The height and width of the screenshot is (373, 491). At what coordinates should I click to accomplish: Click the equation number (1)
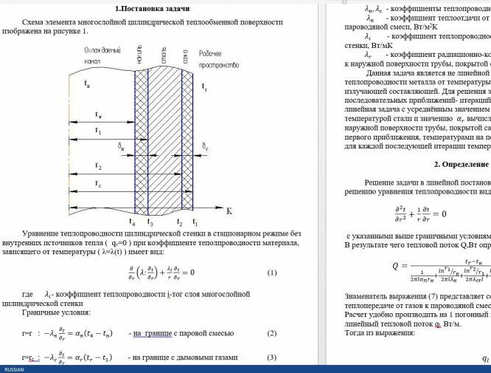pos(271,273)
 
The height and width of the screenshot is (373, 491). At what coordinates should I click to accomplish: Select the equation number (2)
pos(271,335)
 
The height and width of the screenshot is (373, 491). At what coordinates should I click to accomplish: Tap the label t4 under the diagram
pos(132,222)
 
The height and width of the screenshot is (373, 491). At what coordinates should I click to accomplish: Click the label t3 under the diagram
pos(150,222)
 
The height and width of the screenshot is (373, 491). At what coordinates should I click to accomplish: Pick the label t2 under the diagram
pos(180,222)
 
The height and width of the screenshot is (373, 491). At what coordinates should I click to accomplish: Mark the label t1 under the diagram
pos(195,222)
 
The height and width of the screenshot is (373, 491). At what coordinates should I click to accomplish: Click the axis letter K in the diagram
pos(229,212)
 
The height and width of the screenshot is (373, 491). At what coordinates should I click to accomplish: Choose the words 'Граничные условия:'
pos(51,312)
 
